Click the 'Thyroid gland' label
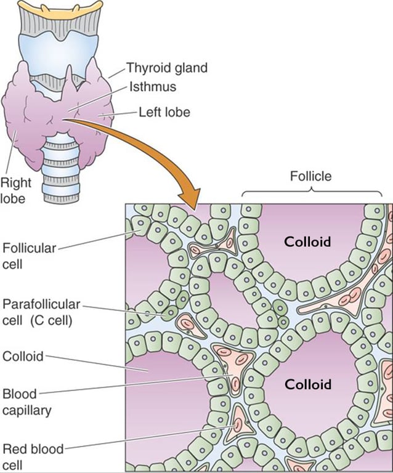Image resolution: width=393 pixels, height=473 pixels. click(x=166, y=68)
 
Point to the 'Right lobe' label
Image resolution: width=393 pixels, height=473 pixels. click(x=16, y=190)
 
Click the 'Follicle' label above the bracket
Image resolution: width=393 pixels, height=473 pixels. click(x=310, y=176)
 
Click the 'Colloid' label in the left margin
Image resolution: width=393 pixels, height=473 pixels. click(x=23, y=356)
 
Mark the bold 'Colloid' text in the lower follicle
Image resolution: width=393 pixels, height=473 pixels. click(x=307, y=385)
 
